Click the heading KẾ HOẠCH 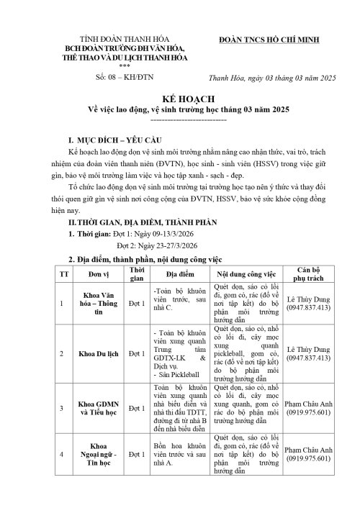tap(179, 102)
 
